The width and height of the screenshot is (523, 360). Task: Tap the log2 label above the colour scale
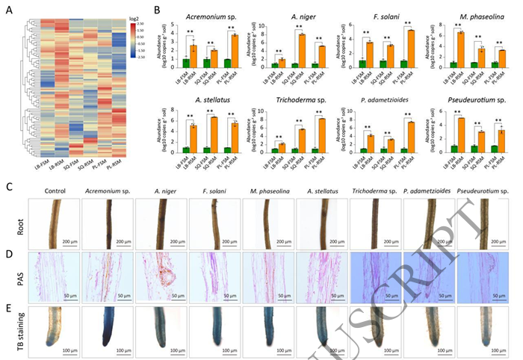click(x=134, y=12)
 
